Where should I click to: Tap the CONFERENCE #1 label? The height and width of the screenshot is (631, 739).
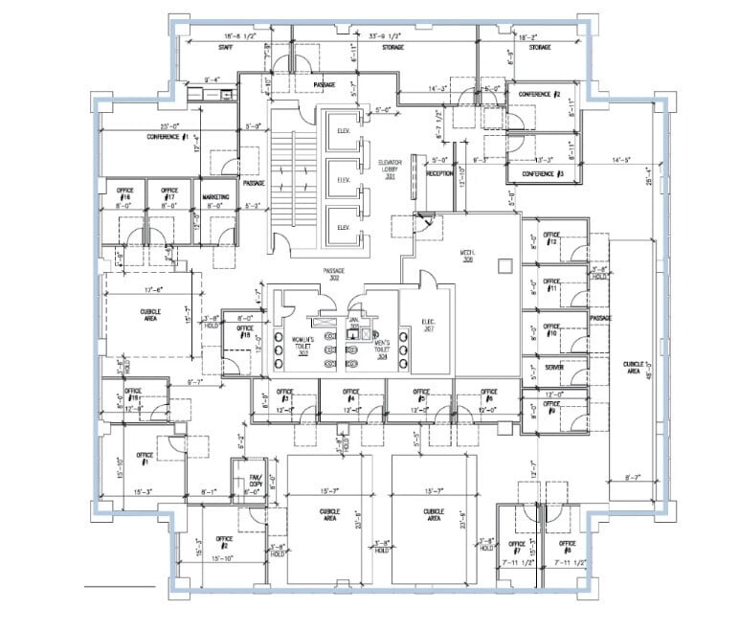tap(168, 137)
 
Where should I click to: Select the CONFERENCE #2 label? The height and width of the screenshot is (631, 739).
tap(540, 95)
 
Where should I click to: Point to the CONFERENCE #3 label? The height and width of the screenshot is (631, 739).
tap(542, 173)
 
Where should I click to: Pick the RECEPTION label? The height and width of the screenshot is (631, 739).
tap(440, 173)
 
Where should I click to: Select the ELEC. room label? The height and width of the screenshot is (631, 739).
tap(430, 325)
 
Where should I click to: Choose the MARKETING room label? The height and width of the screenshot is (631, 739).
tap(215, 197)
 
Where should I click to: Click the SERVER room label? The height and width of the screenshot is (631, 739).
tap(552, 367)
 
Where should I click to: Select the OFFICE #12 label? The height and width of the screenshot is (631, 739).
tap(551, 237)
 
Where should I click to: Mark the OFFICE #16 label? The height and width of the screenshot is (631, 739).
tap(124, 193)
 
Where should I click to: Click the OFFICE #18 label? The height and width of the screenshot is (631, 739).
tap(246, 334)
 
